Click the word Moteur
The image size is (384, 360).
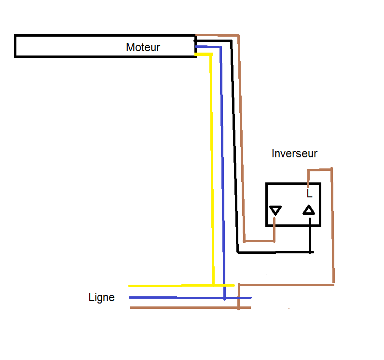click(143, 47)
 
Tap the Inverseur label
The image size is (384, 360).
click(294, 153)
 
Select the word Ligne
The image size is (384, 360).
click(101, 297)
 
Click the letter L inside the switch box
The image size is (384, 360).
click(309, 194)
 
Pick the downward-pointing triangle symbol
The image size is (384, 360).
click(275, 210)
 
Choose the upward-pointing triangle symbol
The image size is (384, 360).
click(309, 210)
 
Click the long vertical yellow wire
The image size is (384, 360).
click(212, 169)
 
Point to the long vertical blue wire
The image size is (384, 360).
click(222, 169)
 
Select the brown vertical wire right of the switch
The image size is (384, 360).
click(333, 227)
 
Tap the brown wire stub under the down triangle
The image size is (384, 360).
click(274, 230)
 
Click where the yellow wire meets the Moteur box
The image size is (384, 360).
click(197, 55)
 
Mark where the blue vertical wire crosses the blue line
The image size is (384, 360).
click(224, 298)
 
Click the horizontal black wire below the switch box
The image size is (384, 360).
click(275, 252)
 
